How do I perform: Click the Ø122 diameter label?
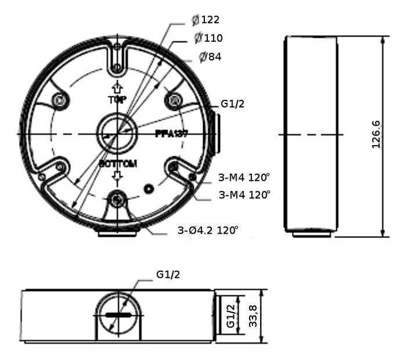coord(206,19)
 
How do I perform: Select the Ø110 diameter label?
coord(208,38)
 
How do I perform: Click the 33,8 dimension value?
coord(254,315)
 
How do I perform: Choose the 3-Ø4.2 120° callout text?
coord(208,231)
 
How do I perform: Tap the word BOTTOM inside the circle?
coord(118,164)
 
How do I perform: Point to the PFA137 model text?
coord(171,134)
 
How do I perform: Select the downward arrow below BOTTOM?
coord(117,176)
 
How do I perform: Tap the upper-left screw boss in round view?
coord(58,100)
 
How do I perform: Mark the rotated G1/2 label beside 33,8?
coord(231,315)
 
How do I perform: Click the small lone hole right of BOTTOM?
coord(149,189)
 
